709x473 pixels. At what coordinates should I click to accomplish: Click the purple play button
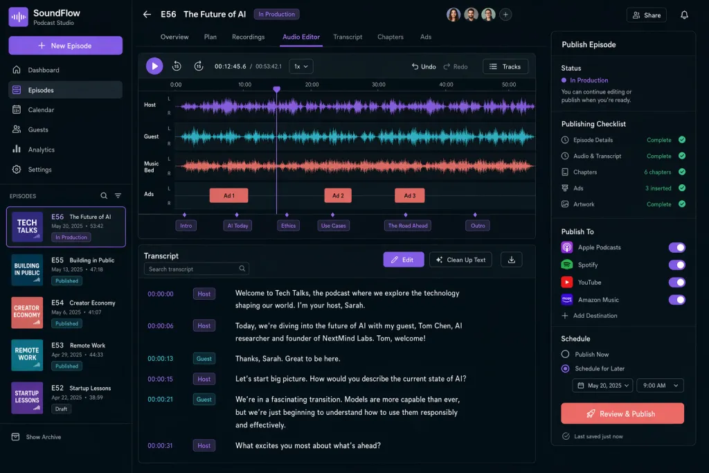click(x=154, y=66)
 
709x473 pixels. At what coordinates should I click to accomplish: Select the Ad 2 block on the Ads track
click(x=338, y=195)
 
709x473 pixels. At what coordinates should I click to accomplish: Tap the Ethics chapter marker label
click(x=288, y=226)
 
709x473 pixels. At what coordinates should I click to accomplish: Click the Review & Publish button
click(x=622, y=413)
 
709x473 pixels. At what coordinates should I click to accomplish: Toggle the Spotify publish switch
click(x=676, y=265)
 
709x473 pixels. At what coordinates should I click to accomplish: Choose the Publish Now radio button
click(x=565, y=354)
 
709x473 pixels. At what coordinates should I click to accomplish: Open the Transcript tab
click(x=348, y=37)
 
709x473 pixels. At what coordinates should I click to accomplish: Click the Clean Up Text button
click(x=460, y=260)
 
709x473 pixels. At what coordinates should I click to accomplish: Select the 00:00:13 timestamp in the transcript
click(x=160, y=359)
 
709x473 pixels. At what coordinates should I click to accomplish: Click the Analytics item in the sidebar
click(x=41, y=150)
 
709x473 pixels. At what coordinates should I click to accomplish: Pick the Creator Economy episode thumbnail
click(x=27, y=312)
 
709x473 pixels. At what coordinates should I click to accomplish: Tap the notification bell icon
click(x=684, y=15)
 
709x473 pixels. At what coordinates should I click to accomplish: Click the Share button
click(x=646, y=15)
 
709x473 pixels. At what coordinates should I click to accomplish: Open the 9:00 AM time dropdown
click(x=660, y=386)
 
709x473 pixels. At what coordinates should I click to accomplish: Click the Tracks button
click(x=505, y=66)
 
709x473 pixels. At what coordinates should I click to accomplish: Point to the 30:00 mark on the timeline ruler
click(x=379, y=84)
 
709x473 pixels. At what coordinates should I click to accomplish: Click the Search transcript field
click(x=196, y=269)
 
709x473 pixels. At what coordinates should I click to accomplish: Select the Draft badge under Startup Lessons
click(x=61, y=409)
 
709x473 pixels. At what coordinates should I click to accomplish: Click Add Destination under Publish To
click(x=589, y=316)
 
